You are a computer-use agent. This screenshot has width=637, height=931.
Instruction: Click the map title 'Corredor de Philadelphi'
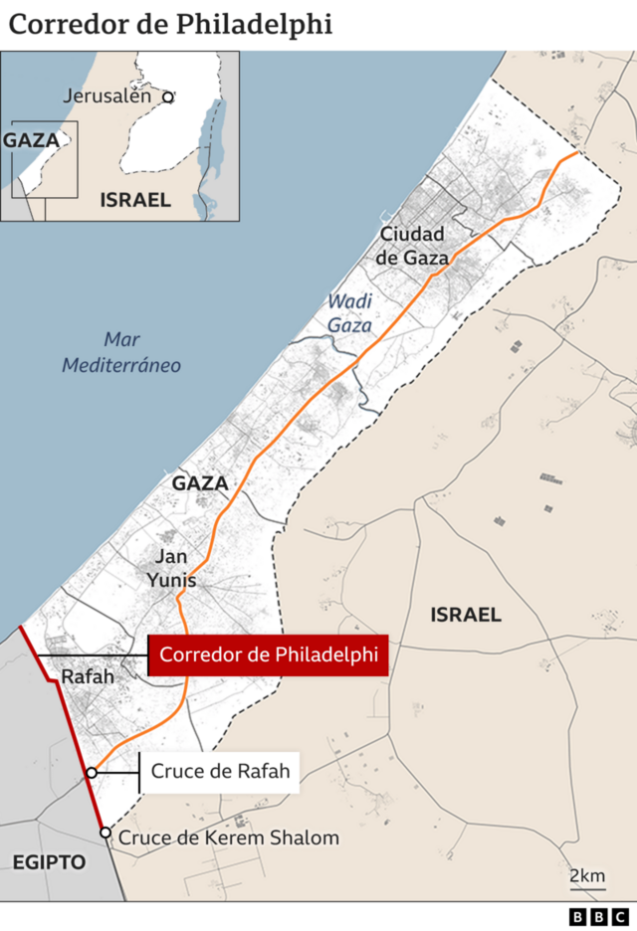tap(170, 25)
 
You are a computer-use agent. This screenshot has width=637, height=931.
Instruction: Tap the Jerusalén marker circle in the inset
tap(169, 97)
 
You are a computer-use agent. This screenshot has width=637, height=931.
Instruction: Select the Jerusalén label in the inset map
tap(106, 96)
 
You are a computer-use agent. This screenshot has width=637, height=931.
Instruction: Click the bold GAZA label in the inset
tap(31, 140)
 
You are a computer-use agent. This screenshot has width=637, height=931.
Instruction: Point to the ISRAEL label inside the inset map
tap(135, 200)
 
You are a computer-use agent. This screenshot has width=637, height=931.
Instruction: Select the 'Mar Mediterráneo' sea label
tap(121, 352)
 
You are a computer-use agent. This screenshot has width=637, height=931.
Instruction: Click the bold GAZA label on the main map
tap(200, 483)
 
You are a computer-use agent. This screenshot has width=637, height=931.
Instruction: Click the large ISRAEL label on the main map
tap(466, 615)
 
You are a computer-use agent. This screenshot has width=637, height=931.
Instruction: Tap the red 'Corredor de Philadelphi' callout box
tap(268, 655)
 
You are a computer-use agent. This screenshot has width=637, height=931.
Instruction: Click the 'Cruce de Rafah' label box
tap(219, 771)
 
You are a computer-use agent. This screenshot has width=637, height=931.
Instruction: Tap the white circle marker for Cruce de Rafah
tap(92, 772)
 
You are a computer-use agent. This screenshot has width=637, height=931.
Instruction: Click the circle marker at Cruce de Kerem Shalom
tap(105, 833)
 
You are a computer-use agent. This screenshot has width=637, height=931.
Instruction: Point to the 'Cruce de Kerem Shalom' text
tap(229, 838)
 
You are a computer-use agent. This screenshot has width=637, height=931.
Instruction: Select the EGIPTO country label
tap(49, 861)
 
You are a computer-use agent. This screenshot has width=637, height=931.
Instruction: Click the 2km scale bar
tap(587, 881)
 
